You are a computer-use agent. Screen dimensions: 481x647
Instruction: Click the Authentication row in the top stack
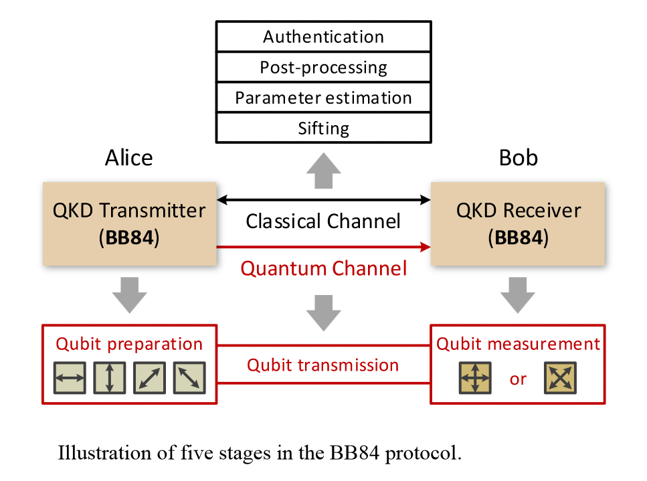323,36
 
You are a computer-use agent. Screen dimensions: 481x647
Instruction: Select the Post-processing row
323,67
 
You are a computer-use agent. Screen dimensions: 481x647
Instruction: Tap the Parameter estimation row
323,98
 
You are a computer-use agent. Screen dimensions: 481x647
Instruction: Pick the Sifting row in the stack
323,128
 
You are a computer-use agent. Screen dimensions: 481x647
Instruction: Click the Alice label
128,158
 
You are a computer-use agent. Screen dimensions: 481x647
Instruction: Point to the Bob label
519,158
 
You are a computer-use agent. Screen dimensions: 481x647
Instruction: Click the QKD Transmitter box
129,223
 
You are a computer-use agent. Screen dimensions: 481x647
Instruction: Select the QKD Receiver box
519,223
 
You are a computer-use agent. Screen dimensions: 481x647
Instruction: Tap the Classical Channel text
323,221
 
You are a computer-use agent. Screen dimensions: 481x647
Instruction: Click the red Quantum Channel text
323,269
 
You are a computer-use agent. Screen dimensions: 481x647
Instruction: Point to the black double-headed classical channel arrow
323,199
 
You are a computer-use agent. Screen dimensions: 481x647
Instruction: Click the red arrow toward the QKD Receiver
323,248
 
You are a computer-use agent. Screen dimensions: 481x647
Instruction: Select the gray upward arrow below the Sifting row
323,171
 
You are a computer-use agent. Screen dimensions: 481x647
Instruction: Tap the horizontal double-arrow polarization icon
70,378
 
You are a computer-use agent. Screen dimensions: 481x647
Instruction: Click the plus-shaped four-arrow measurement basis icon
474,378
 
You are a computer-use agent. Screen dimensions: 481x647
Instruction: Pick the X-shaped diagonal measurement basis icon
560,378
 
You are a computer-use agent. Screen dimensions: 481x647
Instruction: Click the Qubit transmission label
323,365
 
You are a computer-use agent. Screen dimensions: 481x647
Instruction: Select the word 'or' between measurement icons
518,379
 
